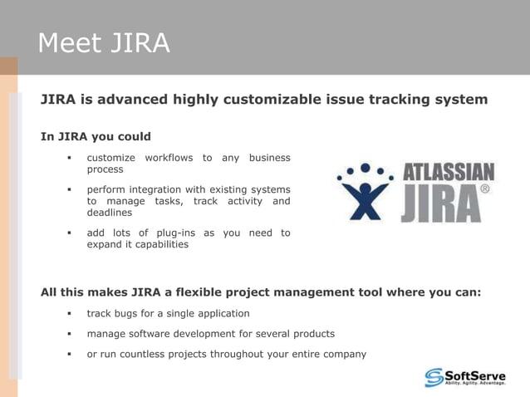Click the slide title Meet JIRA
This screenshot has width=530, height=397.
104,42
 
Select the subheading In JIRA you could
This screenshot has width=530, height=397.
96,136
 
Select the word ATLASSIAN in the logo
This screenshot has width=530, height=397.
449,173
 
